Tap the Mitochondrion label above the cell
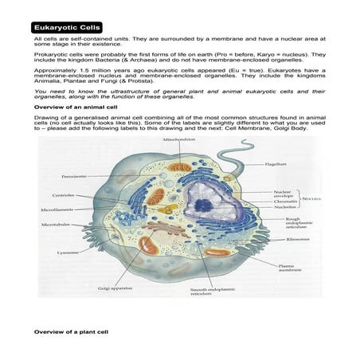coord(174,139)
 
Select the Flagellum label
coord(276,164)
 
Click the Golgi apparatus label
coord(115,288)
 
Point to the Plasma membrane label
coord(290,268)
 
